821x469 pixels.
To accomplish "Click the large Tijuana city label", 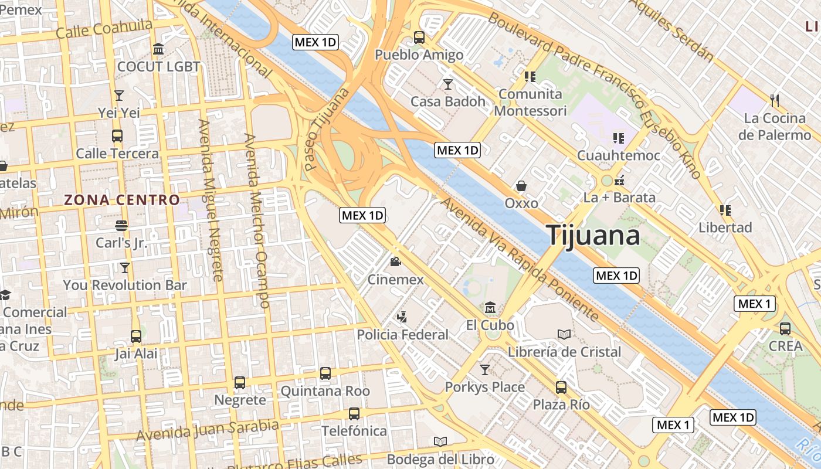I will click(x=593, y=235).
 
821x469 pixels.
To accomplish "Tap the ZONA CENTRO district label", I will click(x=122, y=200).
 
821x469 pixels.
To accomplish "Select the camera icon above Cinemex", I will click(x=395, y=261).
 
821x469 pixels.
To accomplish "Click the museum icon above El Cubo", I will click(x=490, y=307).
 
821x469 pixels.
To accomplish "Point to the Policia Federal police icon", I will click(x=402, y=317).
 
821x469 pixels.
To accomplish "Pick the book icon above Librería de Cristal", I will click(x=564, y=334).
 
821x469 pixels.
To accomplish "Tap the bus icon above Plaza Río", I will click(x=561, y=387).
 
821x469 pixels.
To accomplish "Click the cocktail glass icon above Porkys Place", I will click(x=484, y=369).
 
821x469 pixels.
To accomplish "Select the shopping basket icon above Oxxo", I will click(x=521, y=186).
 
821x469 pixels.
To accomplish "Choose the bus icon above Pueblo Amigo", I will click(x=419, y=37).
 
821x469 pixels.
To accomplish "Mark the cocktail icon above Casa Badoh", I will click(x=448, y=84).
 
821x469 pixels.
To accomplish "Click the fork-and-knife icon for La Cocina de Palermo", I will click(x=775, y=100).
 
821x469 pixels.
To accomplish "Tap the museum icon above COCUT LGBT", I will click(x=158, y=49).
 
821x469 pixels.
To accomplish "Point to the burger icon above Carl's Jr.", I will click(x=121, y=225).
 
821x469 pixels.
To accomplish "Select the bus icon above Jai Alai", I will click(x=136, y=336).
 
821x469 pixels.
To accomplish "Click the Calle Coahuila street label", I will click(x=104, y=28).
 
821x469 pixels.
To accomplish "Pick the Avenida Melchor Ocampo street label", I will click(x=256, y=220).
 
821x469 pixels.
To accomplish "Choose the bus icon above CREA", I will click(x=785, y=328).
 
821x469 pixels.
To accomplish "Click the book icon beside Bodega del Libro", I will click(x=440, y=441).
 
